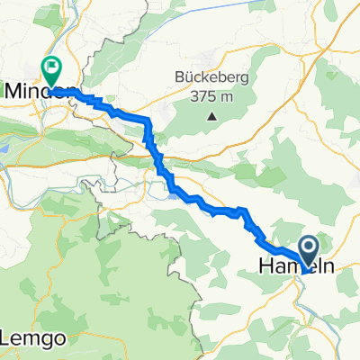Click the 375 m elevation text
[212, 96]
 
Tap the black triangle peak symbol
[212, 115]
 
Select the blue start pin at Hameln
[309, 250]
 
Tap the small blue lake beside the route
[172, 191]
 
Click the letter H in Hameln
[264, 267]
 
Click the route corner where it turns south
[148, 122]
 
